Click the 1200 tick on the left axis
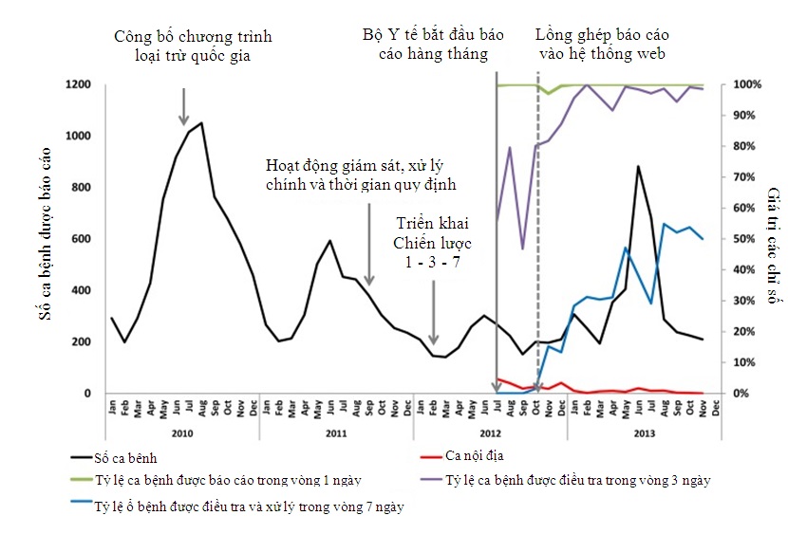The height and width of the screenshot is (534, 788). pyautogui.click(x=78, y=84)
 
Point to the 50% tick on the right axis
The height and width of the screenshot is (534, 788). pyautogui.click(x=743, y=239)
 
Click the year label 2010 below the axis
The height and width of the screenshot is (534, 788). pyautogui.click(x=181, y=432)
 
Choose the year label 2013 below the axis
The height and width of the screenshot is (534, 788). pyautogui.click(x=643, y=432)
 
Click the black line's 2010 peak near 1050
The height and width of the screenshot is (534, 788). pyautogui.click(x=201, y=122)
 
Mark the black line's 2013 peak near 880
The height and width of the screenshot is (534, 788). pyautogui.click(x=638, y=166)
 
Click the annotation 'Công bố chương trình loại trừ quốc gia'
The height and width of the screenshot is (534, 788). pyautogui.click(x=193, y=46)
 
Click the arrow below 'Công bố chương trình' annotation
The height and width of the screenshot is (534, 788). pyautogui.click(x=184, y=104)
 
